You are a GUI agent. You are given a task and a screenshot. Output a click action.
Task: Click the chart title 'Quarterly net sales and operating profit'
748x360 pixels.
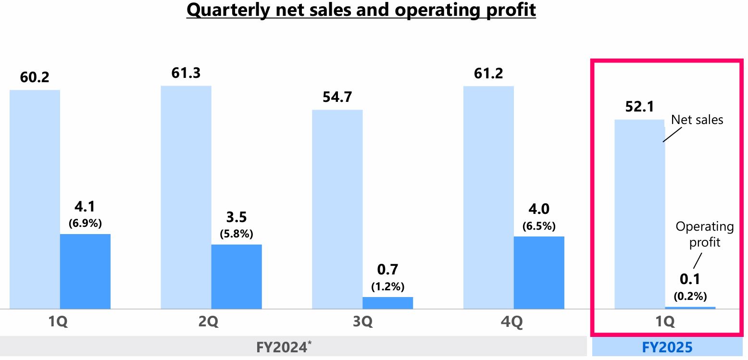(x=361, y=10)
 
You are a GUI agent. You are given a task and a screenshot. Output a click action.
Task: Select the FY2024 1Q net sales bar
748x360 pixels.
(x=35, y=199)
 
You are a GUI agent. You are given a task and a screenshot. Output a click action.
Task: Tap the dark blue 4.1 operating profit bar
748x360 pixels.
(x=85, y=271)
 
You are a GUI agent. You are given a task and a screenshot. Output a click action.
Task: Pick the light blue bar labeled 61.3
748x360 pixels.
(x=186, y=197)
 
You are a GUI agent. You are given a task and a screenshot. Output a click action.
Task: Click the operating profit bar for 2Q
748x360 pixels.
(x=237, y=276)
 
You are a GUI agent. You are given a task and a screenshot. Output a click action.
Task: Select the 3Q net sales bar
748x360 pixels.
(x=337, y=209)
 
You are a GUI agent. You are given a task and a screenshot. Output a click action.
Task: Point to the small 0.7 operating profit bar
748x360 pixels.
(x=387, y=303)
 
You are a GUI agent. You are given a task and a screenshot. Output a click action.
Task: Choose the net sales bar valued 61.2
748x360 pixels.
(x=488, y=197)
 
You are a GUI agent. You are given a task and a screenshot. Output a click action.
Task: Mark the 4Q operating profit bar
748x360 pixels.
(x=539, y=272)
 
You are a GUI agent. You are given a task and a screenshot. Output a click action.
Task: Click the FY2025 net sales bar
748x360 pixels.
(x=639, y=214)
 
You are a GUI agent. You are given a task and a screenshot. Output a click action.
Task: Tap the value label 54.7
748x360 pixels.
(x=337, y=97)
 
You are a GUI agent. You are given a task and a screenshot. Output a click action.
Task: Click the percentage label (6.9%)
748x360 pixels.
(x=85, y=223)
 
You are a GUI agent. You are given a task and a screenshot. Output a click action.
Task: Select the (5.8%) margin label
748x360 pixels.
(x=237, y=234)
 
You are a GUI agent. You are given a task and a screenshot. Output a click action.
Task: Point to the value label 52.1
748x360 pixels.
(x=639, y=107)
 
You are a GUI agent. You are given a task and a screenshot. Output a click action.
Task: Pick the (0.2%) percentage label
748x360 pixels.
(x=690, y=296)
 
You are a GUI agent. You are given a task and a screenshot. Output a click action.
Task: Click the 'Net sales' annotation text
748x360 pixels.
(x=697, y=119)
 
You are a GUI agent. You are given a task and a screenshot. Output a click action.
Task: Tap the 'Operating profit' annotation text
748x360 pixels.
(x=705, y=234)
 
